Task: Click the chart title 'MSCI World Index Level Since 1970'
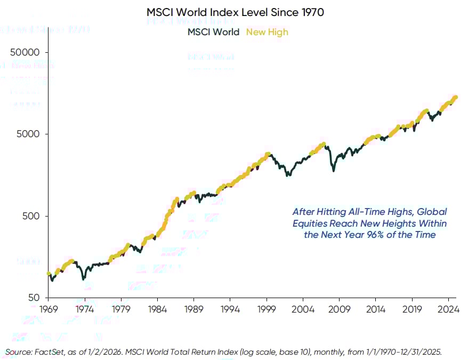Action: (x=235, y=12)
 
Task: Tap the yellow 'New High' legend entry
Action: (x=267, y=32)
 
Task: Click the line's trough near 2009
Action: (x=334, y=170)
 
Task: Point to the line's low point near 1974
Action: (x=83, y=278)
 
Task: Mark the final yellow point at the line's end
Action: (x=455, y=97)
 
